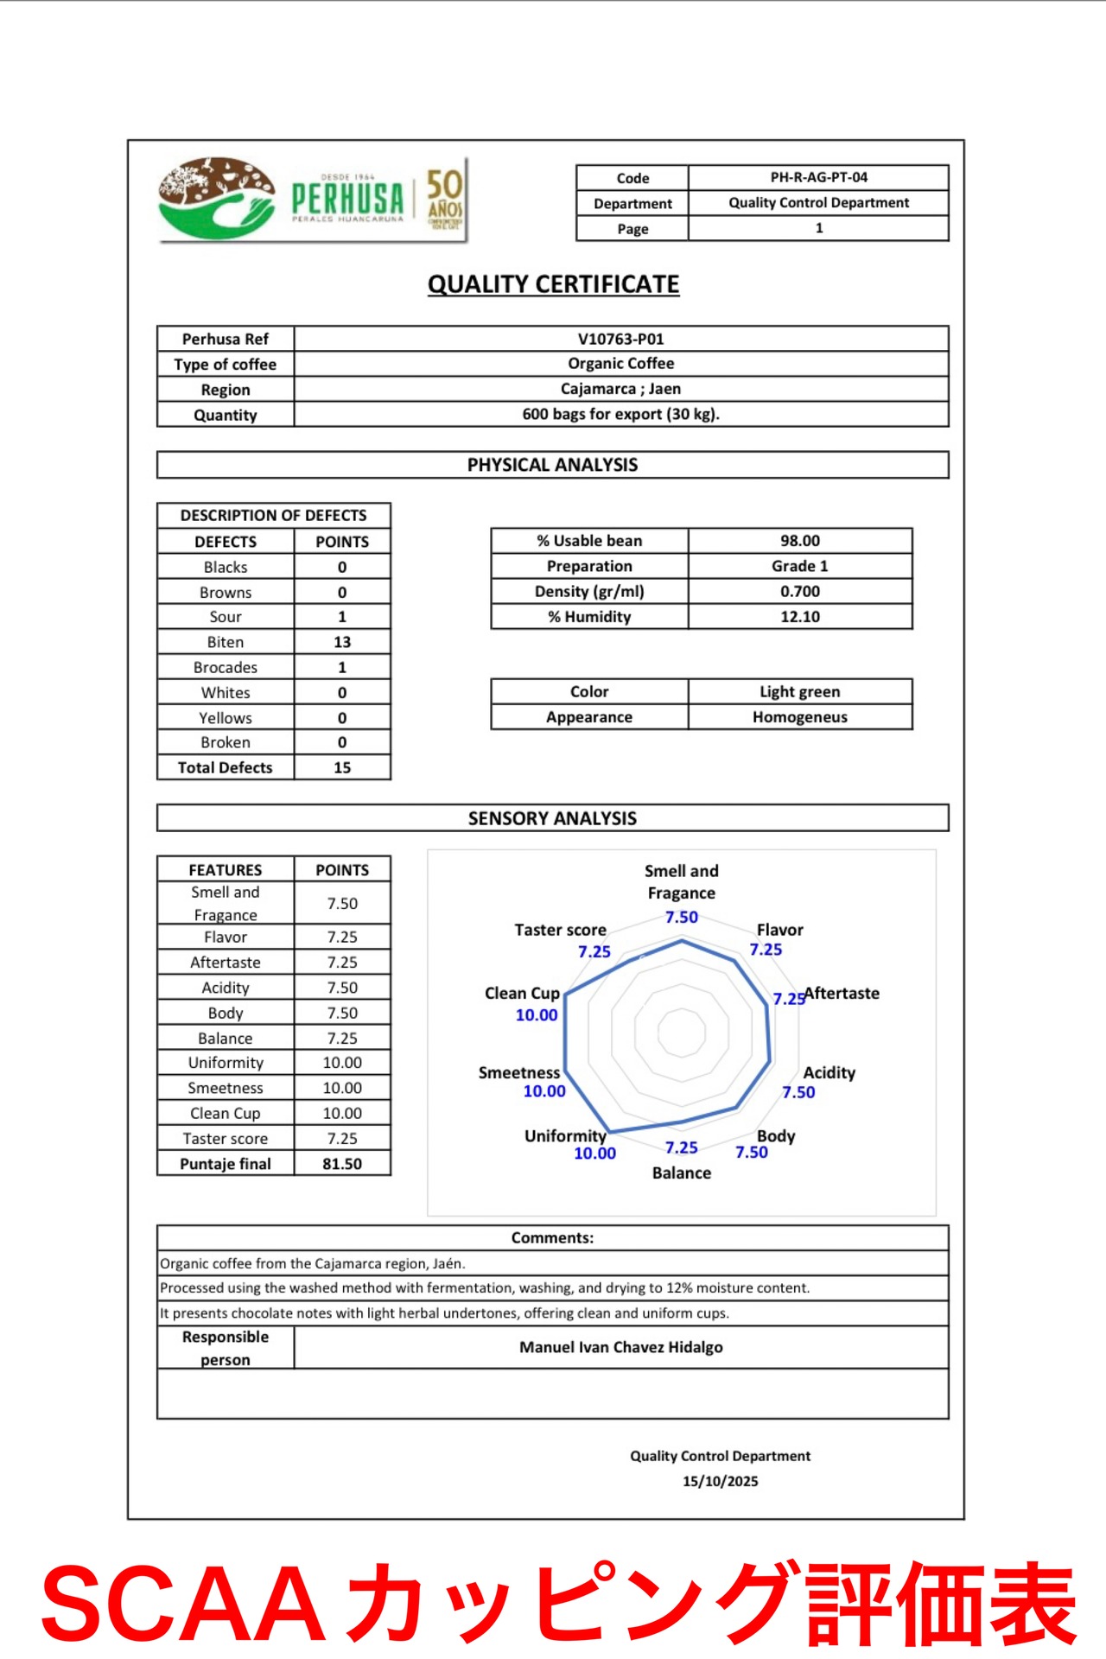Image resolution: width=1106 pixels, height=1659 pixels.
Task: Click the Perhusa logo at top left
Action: click(x=311, y=200)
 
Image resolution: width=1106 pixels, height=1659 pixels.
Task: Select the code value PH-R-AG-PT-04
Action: click(x=818, y=177)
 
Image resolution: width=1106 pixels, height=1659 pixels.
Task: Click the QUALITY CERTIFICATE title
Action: click(x=553, y=284)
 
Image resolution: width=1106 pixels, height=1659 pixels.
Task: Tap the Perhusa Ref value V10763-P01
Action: click(x=620, y=339)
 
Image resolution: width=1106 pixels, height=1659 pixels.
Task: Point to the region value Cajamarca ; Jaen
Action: click(x=620, y=389)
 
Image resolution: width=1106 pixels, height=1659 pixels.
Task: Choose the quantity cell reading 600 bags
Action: click(x=620, y=414)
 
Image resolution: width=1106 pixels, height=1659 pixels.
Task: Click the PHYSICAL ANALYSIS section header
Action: click(x=552, y=465)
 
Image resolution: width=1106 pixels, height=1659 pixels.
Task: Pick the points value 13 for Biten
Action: click(x=342, y=642)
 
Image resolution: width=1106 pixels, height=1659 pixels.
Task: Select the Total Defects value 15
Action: click(x=342, y=767)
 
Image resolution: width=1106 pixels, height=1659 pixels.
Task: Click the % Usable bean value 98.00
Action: click(x=799, y=541)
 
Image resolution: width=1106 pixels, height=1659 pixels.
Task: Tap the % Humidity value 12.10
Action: click(x=799, y=617)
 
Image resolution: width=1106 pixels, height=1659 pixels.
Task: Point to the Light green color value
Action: click(x=799, y=691)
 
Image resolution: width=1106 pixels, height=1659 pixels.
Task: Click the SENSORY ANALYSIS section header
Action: click(x=552, y=818)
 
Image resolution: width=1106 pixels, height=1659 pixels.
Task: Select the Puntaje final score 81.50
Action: click(x=342, y=1164)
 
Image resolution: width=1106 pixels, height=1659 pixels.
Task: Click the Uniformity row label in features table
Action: click(x=226, y=1063)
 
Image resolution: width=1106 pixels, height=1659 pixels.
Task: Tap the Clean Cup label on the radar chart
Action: click(x=522, y=994)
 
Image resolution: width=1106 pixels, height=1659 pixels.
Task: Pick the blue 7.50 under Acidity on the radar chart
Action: click(x=798, y=1092)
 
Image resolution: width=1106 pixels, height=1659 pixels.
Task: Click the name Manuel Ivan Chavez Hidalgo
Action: click(x=620, y=1347)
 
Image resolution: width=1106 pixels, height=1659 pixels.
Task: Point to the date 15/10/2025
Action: click(x=720, y=1481)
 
